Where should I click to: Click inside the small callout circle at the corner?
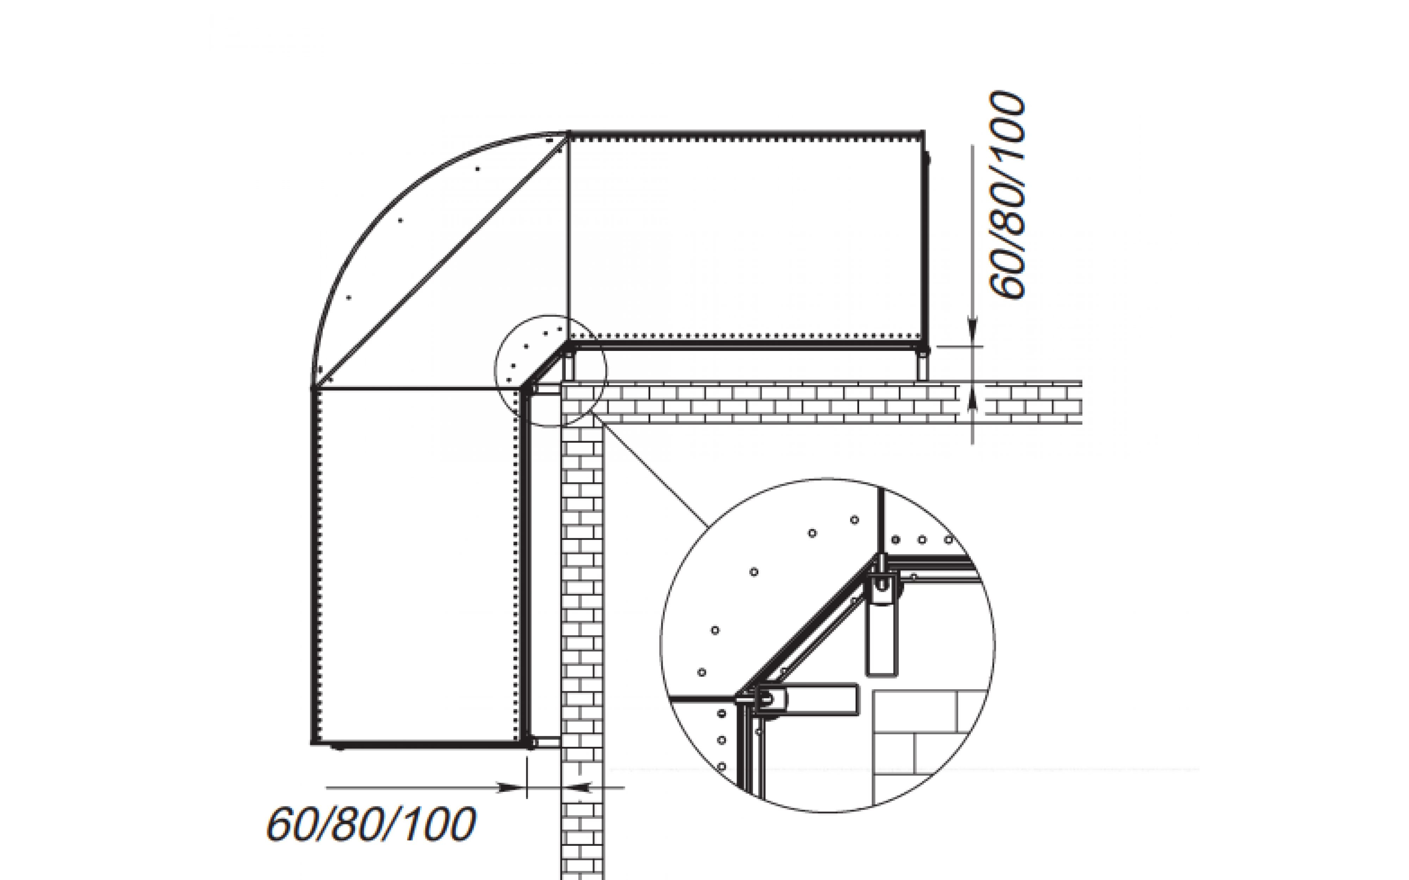[550, 371]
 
